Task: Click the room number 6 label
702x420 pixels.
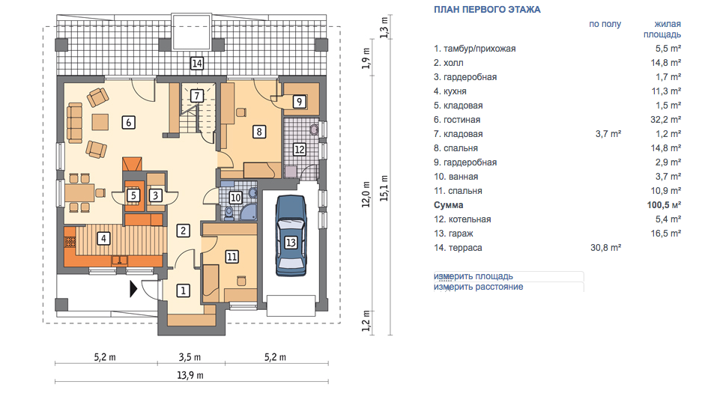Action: coord(129,122)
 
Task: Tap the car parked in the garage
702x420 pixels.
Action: coord(291,235)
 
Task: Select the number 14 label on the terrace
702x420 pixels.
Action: coord(197,64)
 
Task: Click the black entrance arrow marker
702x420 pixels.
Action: coord(133,289)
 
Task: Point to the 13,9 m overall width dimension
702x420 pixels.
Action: coord(190,375)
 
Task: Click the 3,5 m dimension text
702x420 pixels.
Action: coord(190,357)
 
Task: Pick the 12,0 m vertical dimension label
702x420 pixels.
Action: coord(366,195)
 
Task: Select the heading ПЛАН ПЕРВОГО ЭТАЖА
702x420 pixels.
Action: coord(487,10)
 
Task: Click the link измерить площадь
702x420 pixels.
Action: coord(473,276)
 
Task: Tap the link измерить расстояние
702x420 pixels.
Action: coord(478,287)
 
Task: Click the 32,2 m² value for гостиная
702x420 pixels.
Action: coord(668,120)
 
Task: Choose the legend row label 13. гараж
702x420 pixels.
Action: coord(453,234)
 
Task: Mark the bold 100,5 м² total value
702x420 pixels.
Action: coord(665,205)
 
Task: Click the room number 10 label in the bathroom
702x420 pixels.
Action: coord(235,197)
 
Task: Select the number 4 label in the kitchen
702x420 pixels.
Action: coord(103,238)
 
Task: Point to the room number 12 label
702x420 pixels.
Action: coord(300,149)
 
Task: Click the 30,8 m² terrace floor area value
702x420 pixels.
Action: coord(606,248)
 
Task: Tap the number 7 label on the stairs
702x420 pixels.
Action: coord(196,96)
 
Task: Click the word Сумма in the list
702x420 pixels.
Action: coord(449,205)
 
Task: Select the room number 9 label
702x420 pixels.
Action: coord(300,102)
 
